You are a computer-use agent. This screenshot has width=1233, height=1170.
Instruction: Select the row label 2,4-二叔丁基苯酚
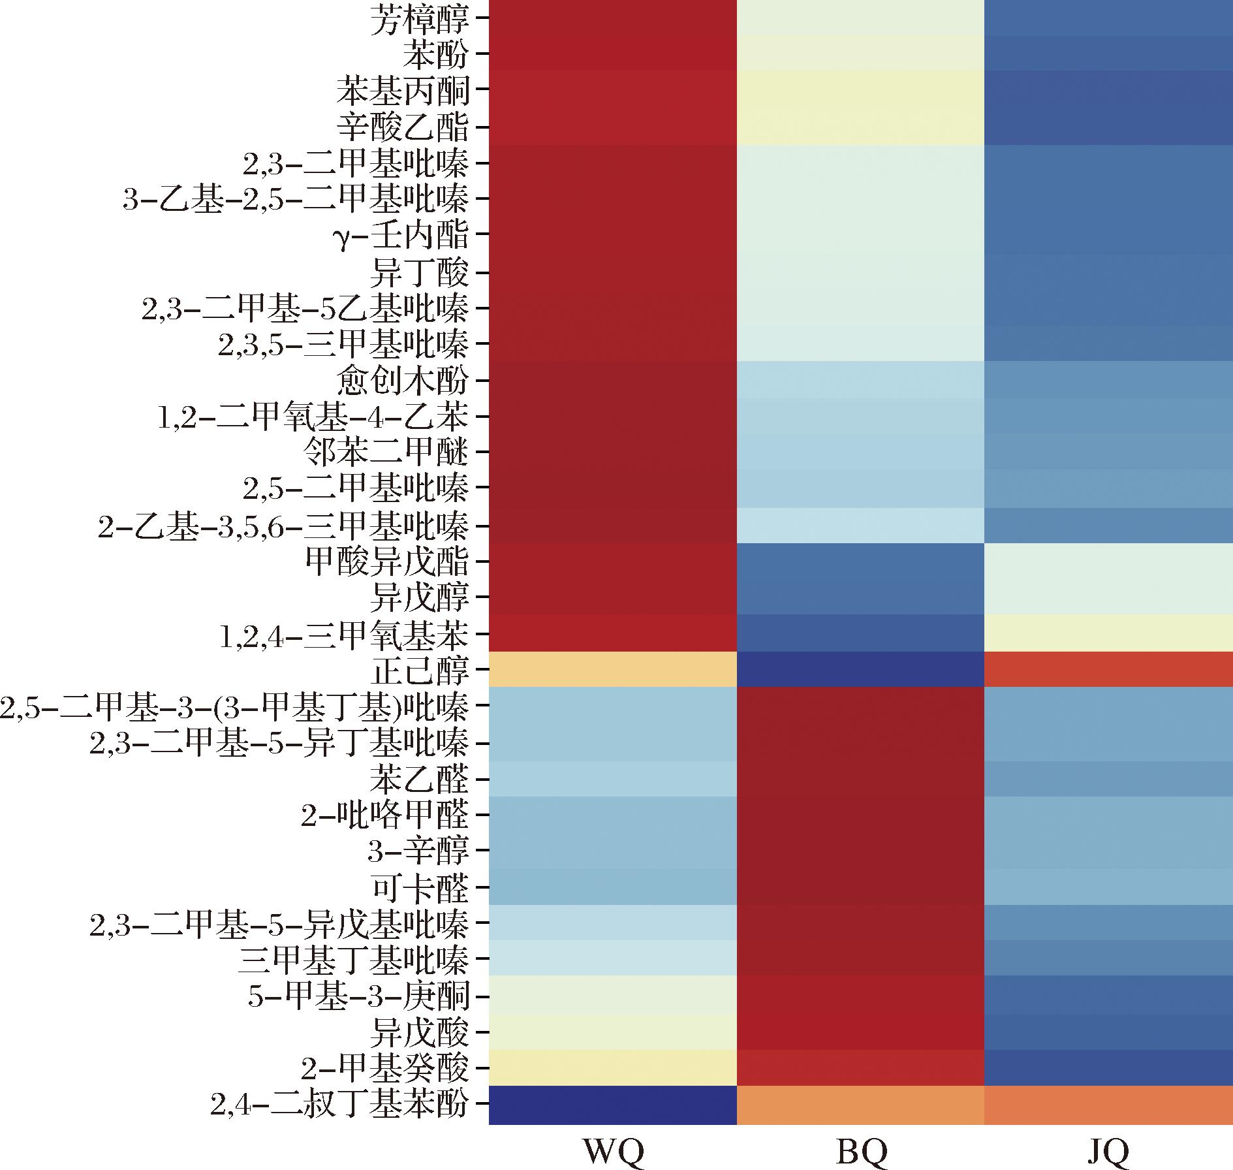pyautogui.click(x=339, y=1104)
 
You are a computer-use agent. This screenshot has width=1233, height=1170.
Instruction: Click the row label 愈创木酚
pyautogui.click(x=403, y=380)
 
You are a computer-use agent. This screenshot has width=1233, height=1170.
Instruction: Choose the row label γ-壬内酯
pyautogui.click(x=400, y=235)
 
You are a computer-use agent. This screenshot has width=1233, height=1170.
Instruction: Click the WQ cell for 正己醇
pyautogui.click(x=612, y=669)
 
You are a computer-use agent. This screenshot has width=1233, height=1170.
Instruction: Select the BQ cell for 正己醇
pyautogui.click(x=860, y=669)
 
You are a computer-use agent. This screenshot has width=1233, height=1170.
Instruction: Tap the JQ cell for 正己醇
pyautogui.click(x=1108, y=669)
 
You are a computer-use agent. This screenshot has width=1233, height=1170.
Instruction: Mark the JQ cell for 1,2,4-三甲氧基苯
pyautogui.click(x=1108, y=633)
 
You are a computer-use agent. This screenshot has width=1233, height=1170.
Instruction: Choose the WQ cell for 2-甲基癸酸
pyautogui.click(x=612, y=1068)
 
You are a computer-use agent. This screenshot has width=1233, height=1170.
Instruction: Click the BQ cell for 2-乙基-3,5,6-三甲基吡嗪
pyautogui.click(x=860, y=525)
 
